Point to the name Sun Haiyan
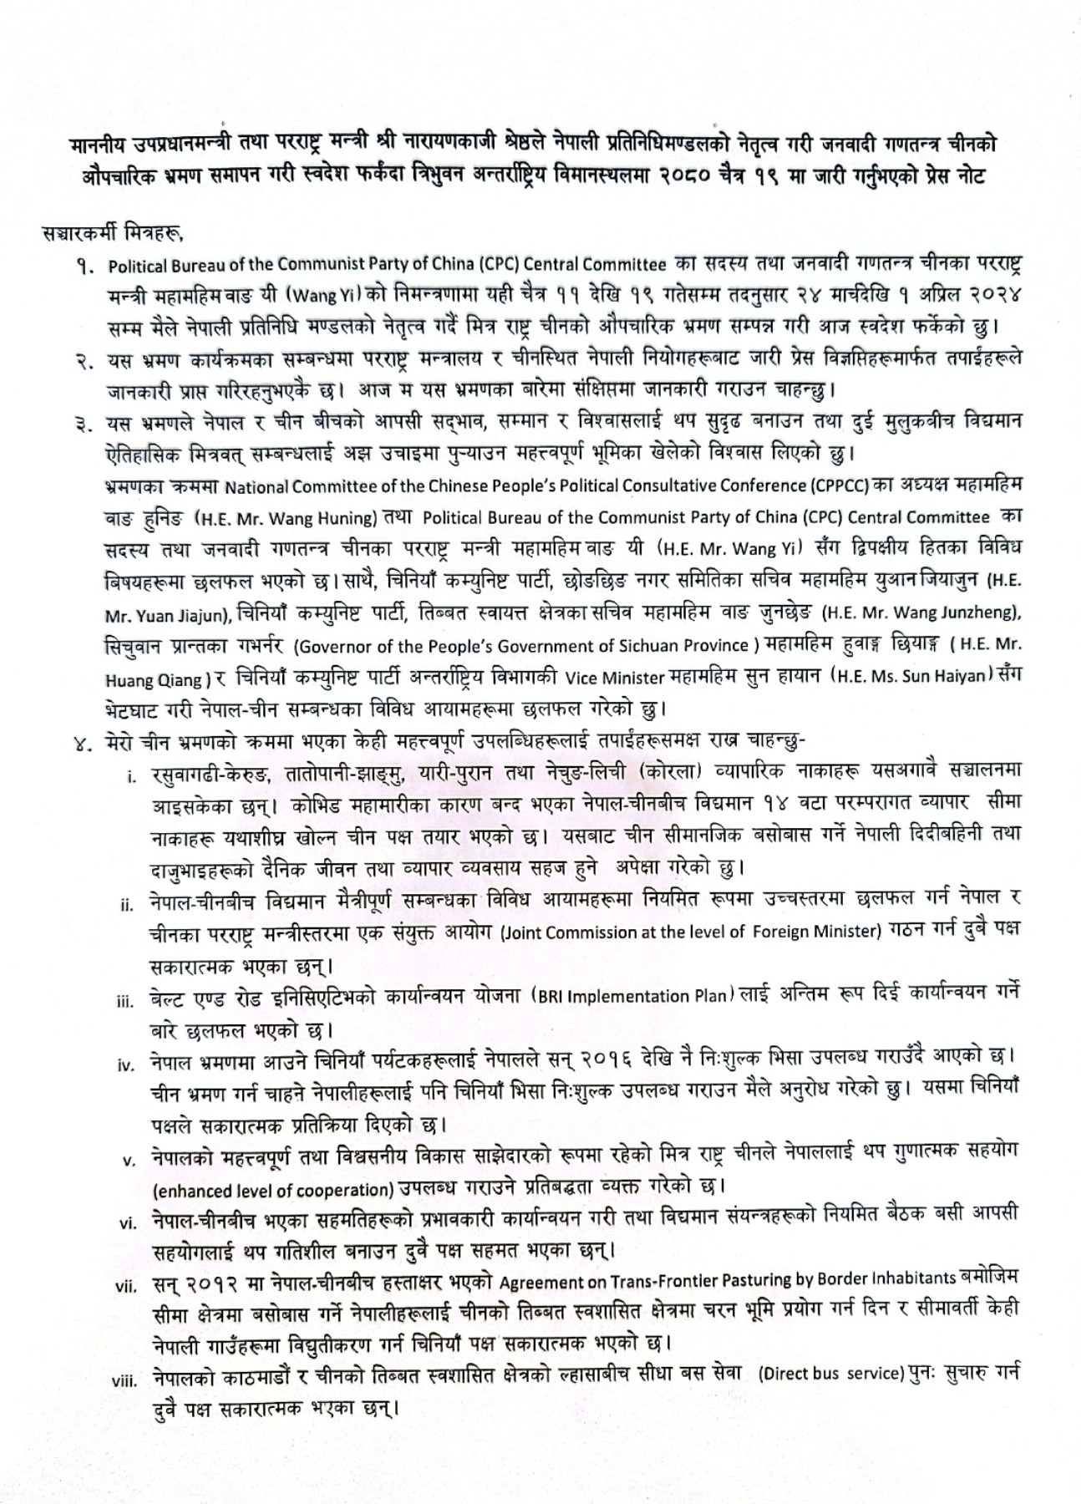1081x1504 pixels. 947,678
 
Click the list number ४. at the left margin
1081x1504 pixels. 82,742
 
